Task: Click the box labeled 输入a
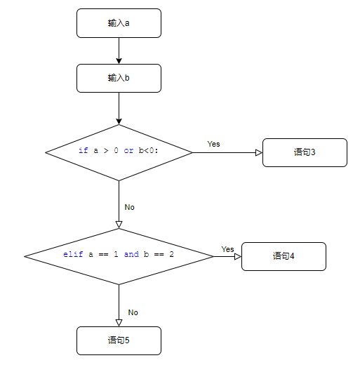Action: point(119,23)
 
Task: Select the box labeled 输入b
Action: point(119,78)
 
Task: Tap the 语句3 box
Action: point(305,152)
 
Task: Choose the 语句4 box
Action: point(284,256)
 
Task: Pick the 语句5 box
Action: point(119,340)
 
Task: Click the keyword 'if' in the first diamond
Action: point(84,150)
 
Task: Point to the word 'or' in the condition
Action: point(128,150)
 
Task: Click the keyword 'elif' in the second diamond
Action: point(73,254)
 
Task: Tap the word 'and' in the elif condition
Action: point(131,254)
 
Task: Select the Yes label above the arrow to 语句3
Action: point(213,144)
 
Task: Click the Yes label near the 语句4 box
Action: point(227,249)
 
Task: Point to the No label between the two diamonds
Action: point(129,207)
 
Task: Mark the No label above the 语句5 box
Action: point(133,312)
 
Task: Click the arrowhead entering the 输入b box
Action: point(119,61)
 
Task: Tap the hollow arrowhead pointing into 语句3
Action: point(259,152)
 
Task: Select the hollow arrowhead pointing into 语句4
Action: point(238,256)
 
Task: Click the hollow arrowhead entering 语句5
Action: point(119,323)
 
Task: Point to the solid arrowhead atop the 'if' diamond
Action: point(119,121)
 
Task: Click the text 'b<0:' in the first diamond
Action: point(149,150)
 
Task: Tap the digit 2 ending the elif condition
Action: point(171,254)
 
